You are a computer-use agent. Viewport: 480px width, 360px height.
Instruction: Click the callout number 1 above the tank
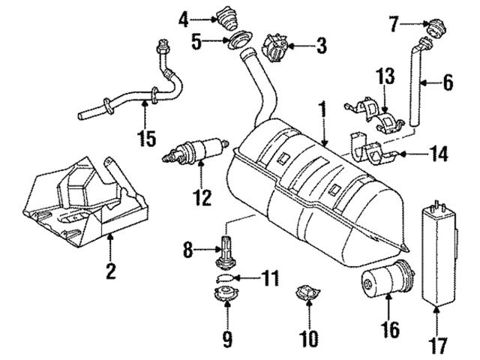(x=322, y=112)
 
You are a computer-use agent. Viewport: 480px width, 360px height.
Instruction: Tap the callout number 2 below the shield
(x=110, y=271)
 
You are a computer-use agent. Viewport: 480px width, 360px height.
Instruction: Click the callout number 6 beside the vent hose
(x=448, y=81)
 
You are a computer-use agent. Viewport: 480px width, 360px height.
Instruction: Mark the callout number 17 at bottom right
(x=439, y=346)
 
